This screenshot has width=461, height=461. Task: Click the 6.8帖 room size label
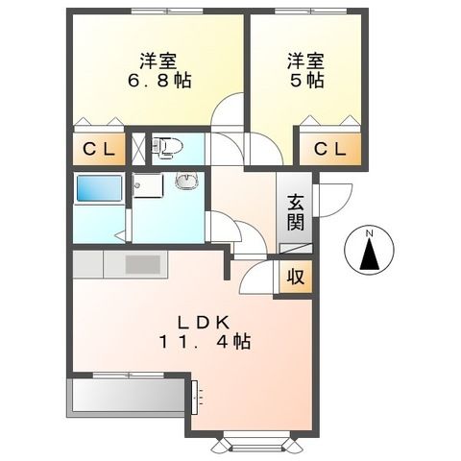[x=159, y=81]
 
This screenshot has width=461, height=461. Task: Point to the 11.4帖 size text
[x=206, y=341]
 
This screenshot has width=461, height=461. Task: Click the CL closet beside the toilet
[x=97, y=150]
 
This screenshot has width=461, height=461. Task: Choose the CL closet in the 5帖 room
[x=330, y=150]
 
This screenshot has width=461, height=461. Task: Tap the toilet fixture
[x=171, y=146]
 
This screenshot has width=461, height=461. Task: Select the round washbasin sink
[x=186, y=182]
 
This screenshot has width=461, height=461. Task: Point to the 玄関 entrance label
[x=295, y=212]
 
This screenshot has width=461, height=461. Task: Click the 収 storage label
[x=296, y=277]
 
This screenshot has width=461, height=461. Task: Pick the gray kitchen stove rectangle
[x=143, y=264]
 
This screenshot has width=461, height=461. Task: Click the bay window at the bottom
[x=255, y=443]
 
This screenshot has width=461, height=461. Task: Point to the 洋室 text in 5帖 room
[x=303, y=60]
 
